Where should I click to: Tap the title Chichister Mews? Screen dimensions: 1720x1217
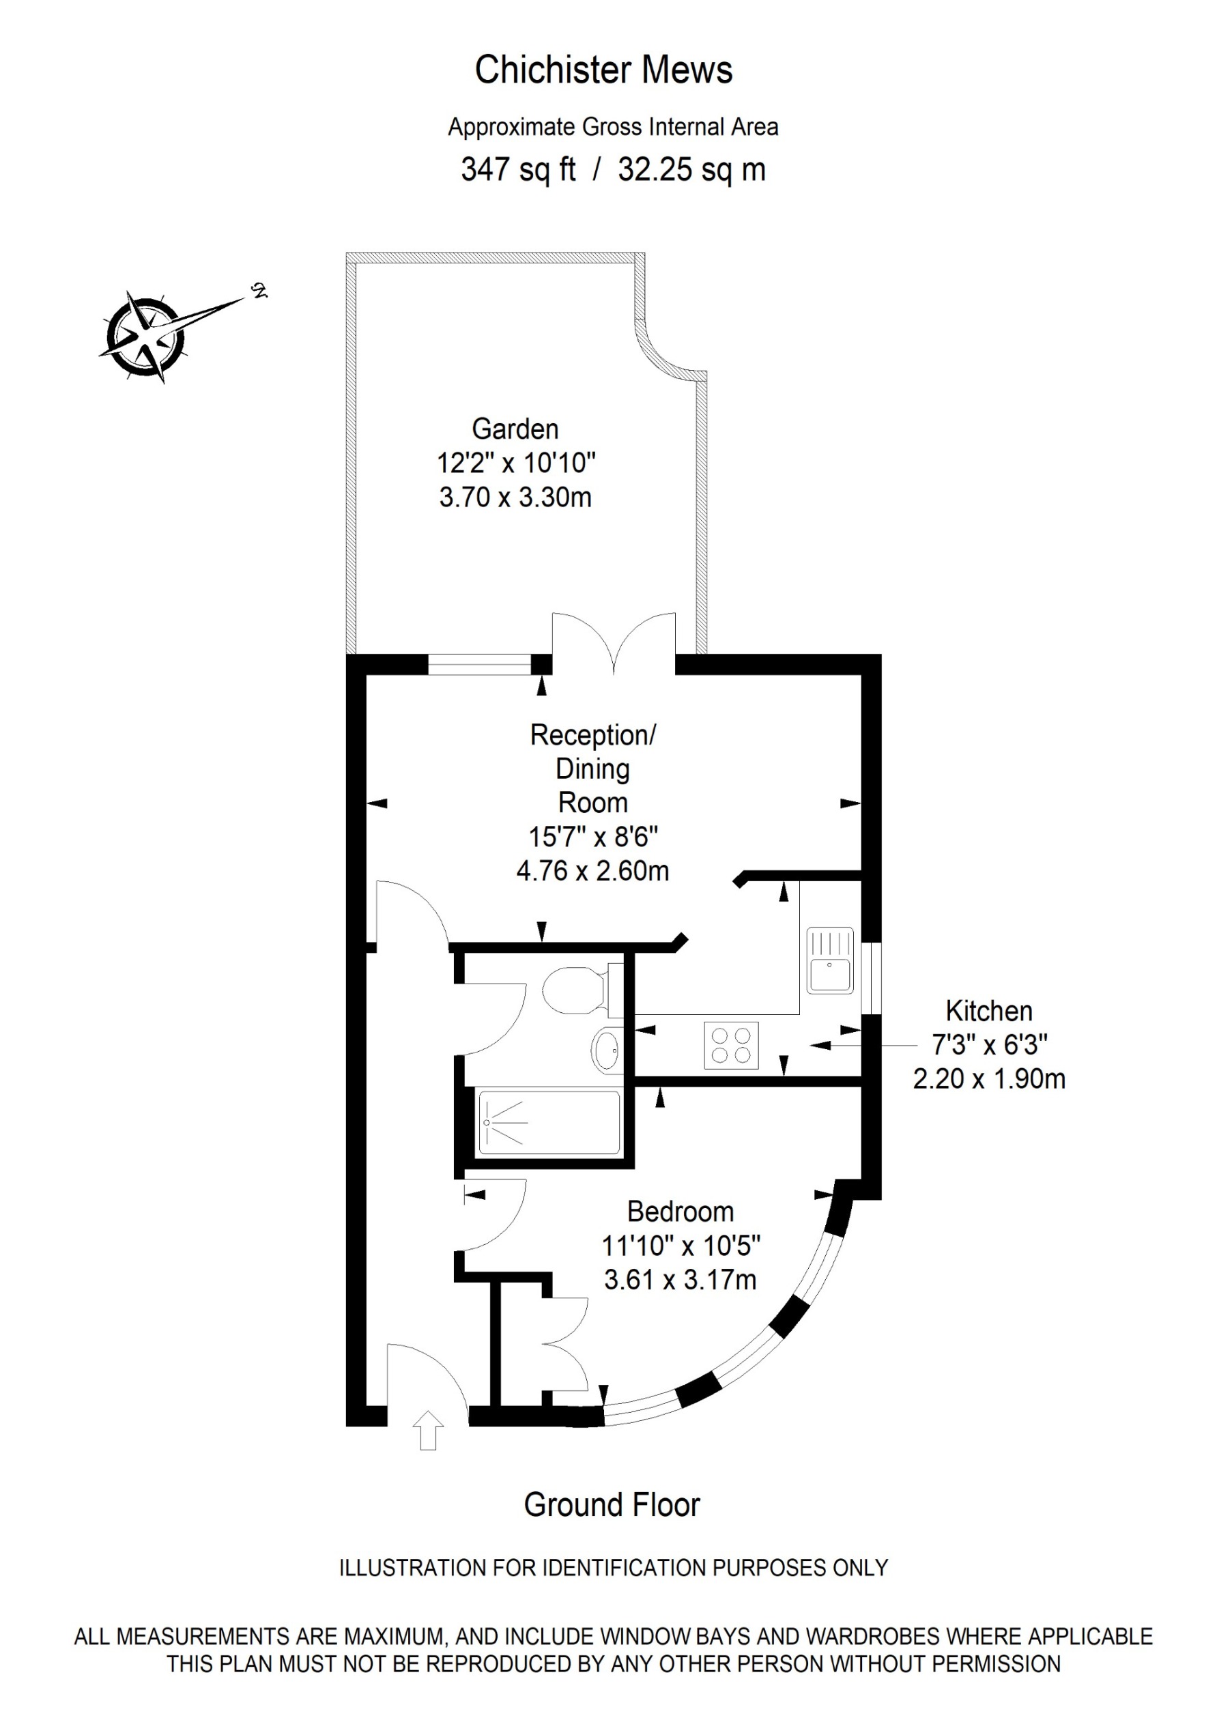[x=603, y=70]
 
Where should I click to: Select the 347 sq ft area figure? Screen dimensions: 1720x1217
[x=518, y=169]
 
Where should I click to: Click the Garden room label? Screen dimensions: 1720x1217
[x=515, y=429]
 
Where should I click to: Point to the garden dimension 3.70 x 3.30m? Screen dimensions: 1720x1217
[x=515, y=497]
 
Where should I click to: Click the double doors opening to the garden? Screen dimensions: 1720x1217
[x=614, y=642]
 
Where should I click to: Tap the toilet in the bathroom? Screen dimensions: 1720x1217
[x=577, y=989]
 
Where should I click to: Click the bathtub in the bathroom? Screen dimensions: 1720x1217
[x=549, y=1122]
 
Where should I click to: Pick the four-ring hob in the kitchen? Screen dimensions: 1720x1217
[x=730, y=1045]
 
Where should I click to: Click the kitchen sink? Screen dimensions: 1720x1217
[x=830, y=960]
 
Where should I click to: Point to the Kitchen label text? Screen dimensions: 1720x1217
[x=988, y=1011]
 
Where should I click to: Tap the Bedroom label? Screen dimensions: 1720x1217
[x=680, y=1212]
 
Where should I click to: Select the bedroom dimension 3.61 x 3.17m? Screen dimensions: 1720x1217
[x=680, y=1279]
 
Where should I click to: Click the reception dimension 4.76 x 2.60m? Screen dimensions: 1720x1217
[x=592, y=870]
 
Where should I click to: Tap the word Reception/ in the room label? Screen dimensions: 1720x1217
[x=592, y=735]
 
